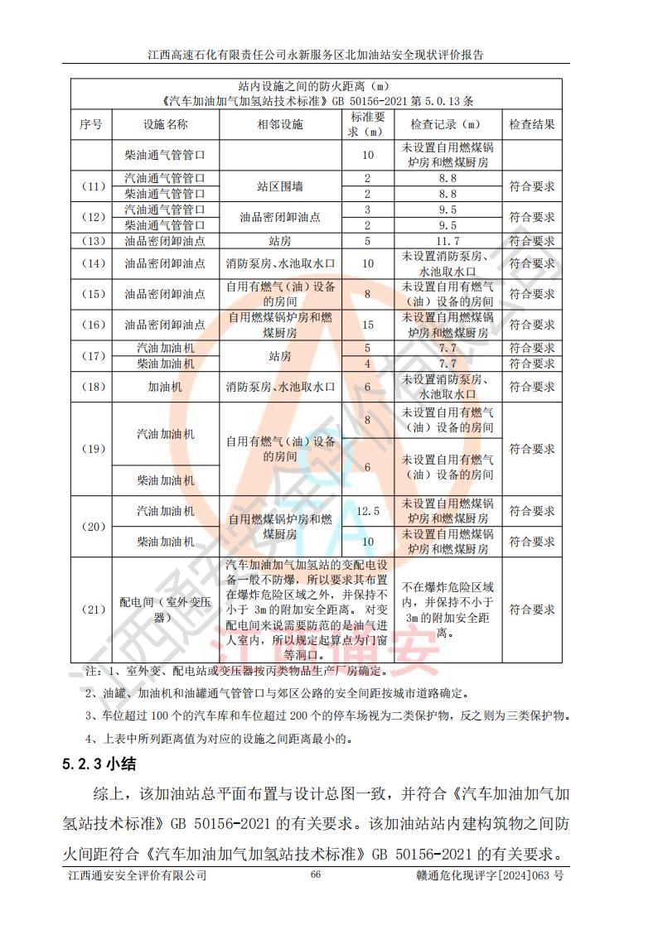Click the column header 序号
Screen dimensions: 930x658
click(x=91, y=124)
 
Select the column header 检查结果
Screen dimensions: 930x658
click(x=532, y=124)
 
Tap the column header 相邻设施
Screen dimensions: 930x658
click(x=280, y=124)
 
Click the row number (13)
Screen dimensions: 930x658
click(x=91, y=241)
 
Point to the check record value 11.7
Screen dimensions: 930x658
click(x=448, y=241)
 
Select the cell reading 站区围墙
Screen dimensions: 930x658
click(x=280, y=186)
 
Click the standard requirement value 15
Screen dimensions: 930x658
click(x=367, y=325)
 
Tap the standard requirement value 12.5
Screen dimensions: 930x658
click(x=367, y=511)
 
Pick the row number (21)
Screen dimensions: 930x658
click(x=91, y=610)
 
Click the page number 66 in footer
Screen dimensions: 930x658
click(x=315, y=875)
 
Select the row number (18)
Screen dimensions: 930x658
click(x=91, y=386)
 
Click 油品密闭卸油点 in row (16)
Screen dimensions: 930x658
click(x=165, y=325)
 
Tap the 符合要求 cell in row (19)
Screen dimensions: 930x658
click(x=532, y=449)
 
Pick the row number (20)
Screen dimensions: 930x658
click(x=91, y=527)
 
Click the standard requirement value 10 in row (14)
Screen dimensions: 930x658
click(x=367, y=263)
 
